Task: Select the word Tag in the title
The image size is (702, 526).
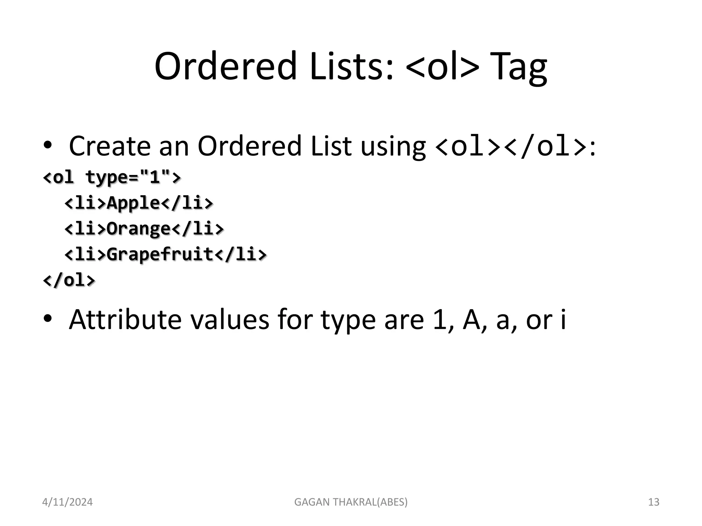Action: [x=518, y=67]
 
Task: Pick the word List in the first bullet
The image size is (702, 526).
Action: [x=331, y=146]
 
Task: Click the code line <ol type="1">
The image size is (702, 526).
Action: [x=112, y=177]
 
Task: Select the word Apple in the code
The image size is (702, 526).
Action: [x=133, y=203]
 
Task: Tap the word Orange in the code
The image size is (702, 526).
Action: [x=138, y=229]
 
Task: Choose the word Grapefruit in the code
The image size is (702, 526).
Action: [x=160, y=254]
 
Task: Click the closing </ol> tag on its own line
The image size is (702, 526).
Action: [x=69, y=280]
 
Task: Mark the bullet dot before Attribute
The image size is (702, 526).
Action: [x=48, y=319]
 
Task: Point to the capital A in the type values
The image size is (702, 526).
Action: [x=472, y=320]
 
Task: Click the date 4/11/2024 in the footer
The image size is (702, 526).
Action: [x=67, y=502]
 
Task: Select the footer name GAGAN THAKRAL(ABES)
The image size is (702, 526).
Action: [x=351, y=502]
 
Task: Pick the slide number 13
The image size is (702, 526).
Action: [x=654, y=502]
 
